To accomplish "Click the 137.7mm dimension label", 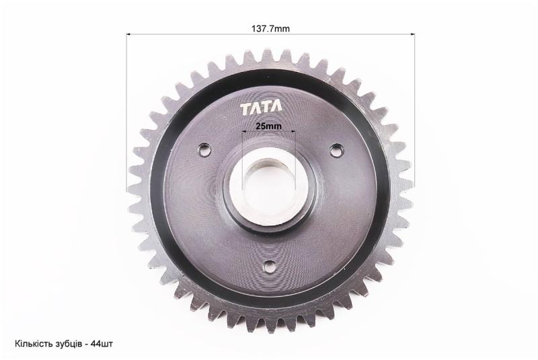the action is point(270,29).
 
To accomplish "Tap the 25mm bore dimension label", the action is point(268,126).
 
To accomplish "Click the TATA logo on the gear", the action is point(261,108).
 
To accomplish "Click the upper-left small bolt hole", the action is point(204,149).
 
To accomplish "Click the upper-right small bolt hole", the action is point(335,149).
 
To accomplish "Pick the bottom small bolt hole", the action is point(270,265).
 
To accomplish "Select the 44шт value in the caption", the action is point(102,344).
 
